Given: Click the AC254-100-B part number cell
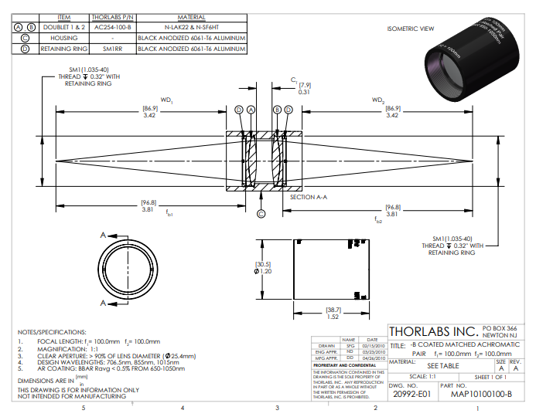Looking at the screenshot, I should point(112,26).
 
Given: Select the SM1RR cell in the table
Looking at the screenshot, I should point(112,49).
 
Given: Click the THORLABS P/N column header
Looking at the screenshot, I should point(112,16).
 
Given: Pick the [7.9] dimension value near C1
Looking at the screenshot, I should point(305,85).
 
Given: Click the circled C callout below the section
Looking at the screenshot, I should point(261,214).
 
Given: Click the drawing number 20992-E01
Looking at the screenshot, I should point(408,394).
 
